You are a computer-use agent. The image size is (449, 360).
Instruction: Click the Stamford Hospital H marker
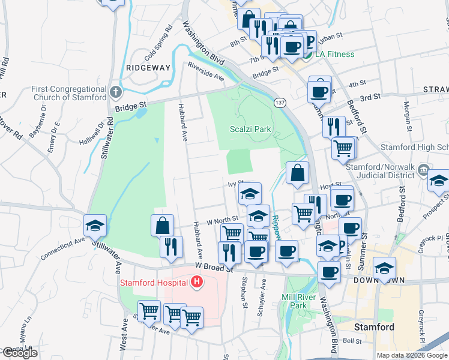point(195,281)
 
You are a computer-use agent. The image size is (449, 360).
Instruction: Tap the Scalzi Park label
point(250,129)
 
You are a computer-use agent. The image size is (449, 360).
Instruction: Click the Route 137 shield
point(279,103)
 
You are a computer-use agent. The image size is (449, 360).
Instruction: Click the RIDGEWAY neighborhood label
point(148,68)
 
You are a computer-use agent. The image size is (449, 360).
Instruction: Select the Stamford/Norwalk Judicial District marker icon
point(425,170)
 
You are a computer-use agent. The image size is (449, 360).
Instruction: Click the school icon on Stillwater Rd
point(95,226)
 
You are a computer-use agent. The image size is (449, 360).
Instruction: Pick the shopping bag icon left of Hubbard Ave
point(163,226)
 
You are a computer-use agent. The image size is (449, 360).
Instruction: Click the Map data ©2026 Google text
point(411,355)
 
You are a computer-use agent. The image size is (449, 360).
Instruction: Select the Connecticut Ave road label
point(63,248)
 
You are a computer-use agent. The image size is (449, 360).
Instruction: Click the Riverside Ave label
point(205,71)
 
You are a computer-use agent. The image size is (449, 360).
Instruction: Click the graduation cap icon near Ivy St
point(250,194)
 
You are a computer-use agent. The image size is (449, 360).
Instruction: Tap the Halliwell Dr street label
point(92,135)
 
